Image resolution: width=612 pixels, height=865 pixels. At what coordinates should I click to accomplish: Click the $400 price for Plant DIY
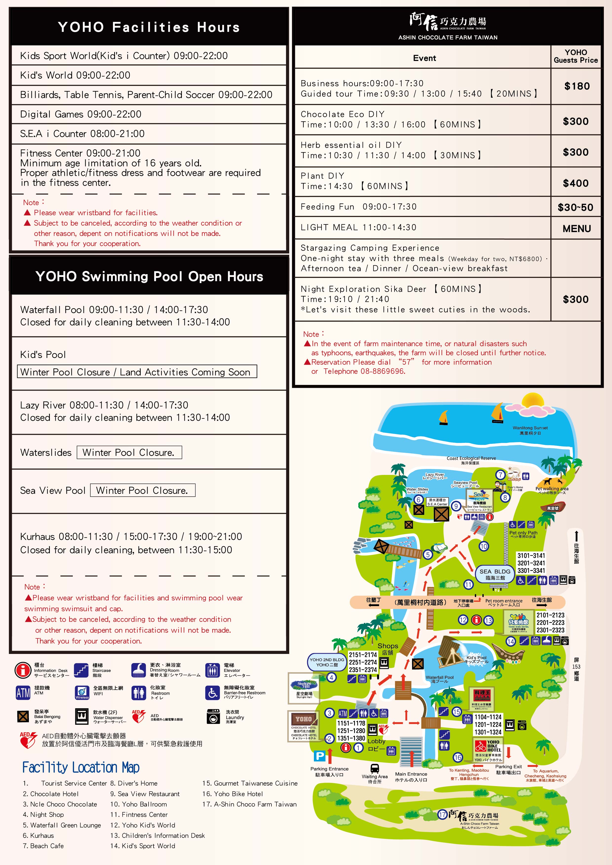(x=575, y=183)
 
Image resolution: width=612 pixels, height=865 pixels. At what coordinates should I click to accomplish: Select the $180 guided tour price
(x=576, y=86)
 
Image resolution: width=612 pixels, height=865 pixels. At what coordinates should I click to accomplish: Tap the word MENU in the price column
(x=576, y=229)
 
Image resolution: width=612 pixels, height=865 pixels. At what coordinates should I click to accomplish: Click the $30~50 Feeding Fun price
(x=575, y=207)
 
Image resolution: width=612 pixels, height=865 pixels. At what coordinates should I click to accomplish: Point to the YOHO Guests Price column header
(x=576, y=56)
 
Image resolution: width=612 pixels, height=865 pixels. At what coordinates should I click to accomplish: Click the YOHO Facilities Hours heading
(x=149, y=27)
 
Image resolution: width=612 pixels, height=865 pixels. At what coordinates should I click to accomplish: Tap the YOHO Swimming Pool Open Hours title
(x=149, y=276)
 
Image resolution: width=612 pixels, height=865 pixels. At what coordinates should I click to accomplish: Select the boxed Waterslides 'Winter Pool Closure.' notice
(x=129, y=452)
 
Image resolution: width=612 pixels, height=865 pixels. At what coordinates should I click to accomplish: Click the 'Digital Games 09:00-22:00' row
(x=81, y=114)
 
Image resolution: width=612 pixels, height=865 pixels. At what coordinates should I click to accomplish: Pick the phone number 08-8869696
(x=383, y=371)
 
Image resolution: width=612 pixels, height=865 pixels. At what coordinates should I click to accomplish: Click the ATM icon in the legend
(x=23, y=692)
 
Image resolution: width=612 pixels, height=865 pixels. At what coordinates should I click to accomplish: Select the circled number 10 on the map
(x=484, y=546)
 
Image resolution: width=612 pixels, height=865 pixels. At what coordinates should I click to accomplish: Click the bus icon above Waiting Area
(x=374, y=768)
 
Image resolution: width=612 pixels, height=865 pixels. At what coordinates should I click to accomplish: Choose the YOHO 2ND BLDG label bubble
(x=326, y=662)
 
